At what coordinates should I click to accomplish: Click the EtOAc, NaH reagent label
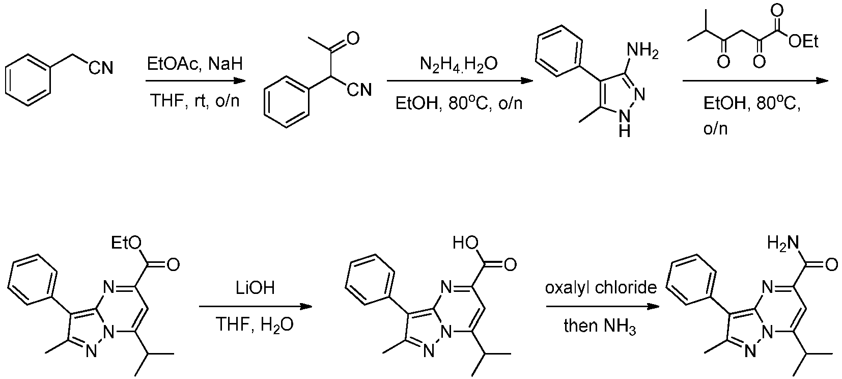(194, 64)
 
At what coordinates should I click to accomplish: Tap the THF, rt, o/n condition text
(194, 101)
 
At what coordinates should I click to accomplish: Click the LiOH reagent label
(255, 288)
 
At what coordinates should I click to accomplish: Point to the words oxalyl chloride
(601, 288)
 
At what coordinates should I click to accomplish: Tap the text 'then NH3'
(600, 326)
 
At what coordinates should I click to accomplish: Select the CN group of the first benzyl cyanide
(101, 68)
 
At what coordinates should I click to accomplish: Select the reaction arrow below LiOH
(256, 307)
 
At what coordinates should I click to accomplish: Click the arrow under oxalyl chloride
(603, 307)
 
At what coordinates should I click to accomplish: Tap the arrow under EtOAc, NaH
(195, 81)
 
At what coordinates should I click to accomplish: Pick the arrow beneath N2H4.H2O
(460, 81)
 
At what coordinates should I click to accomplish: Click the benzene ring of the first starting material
(28, 80)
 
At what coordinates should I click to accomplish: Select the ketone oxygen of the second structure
(353, 38)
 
